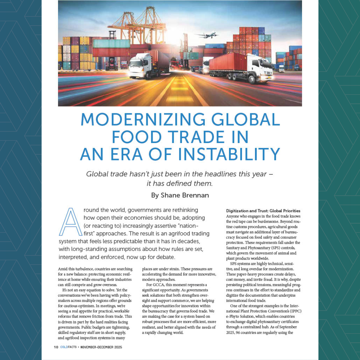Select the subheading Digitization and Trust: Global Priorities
(x=263, y=211)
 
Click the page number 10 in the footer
(x=56, y=347)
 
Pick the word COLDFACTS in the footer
(x=68, y=347)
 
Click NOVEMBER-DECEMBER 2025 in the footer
(x=101, y=347)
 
